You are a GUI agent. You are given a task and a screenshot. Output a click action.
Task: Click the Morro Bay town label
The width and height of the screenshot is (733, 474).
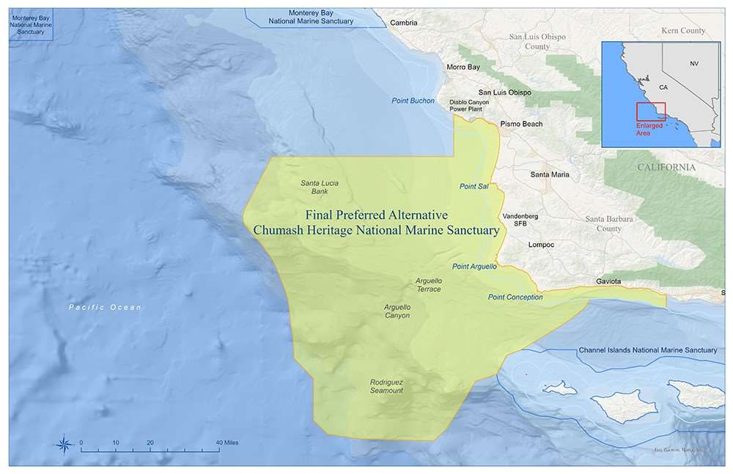(463, 67)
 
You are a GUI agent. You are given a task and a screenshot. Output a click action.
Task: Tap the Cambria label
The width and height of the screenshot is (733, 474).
(403, 23)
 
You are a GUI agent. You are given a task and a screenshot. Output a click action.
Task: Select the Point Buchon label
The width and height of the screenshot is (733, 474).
(413, 100)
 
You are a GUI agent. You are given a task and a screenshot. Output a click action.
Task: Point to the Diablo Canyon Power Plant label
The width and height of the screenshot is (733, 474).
(469, 105)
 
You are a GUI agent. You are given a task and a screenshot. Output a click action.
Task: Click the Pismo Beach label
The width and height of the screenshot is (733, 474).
(521, 124)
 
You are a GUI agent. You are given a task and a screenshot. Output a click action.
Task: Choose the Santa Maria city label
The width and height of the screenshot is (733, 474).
(550, 174)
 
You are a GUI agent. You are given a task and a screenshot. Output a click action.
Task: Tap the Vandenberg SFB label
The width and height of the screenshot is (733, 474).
(520, 220)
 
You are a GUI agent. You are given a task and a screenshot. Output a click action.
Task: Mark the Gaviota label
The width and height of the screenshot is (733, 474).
(608, 281)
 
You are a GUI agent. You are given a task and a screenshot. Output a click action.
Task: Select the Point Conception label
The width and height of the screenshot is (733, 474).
(515, 297)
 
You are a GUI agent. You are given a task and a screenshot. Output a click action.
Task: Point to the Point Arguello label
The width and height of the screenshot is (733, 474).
(474, 266)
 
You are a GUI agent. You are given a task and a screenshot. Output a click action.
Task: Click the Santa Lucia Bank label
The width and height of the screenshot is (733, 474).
(320, 188)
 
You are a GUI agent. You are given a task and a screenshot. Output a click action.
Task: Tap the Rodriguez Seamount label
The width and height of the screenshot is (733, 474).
(386, 386)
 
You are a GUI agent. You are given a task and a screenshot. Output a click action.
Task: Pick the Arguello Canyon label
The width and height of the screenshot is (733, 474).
(397, 311)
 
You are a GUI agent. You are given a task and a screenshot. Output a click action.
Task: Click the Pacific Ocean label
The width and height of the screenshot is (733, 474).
(105, 307)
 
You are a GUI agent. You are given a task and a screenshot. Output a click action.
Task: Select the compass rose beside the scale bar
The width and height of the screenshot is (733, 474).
(64, 444)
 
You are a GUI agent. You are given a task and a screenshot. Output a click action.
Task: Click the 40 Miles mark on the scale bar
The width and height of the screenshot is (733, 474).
(219, 443)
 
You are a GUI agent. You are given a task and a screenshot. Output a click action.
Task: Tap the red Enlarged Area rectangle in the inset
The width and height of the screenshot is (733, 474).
(650, 111)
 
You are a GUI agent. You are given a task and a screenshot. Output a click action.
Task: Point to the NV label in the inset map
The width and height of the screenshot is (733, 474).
(694, 64)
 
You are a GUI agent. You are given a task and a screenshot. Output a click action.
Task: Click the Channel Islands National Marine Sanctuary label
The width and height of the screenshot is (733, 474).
(647, 350)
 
